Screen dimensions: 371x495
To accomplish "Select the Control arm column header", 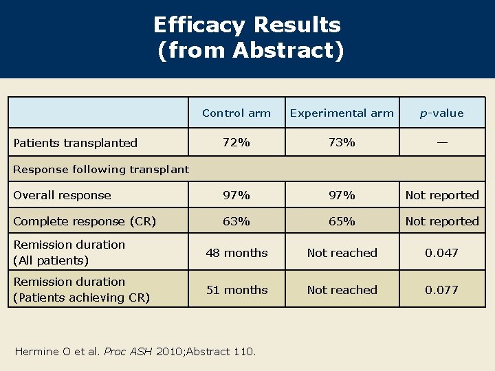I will click(x=236, y=113).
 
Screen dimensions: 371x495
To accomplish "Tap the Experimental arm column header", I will click(x=342, y=113).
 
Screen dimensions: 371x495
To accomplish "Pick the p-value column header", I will click(x=441, y=113).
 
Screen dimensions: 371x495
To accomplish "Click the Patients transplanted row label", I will click(x=76, y=143).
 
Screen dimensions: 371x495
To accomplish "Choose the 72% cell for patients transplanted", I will click(x=236, y=142).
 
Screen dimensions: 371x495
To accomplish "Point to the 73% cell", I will click(x=342, y=142).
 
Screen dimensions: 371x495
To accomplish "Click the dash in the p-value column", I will click(x=441, y=142).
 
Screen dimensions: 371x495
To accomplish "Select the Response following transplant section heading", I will click(x=101, y=169).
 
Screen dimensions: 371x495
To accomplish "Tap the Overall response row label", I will click(x=63, y=195).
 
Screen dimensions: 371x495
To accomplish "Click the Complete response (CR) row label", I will click(x=85, y=221).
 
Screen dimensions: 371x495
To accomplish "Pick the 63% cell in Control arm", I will click(x=236, y=221).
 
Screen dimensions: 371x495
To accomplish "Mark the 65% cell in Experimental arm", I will click(x=342, y=221).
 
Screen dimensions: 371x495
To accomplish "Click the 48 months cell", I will click(x=236, y=253).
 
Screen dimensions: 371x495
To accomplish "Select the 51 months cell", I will click(x=236, y=290).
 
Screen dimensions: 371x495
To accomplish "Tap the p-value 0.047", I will click(x=441, y=253).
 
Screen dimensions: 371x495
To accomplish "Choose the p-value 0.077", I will click(x=441, y=290).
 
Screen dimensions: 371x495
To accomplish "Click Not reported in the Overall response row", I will click(x=441, y=195).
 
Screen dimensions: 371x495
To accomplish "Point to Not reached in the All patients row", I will click(x=342, y=253).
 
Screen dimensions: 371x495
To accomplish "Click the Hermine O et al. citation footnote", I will click(x=135, y=352).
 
